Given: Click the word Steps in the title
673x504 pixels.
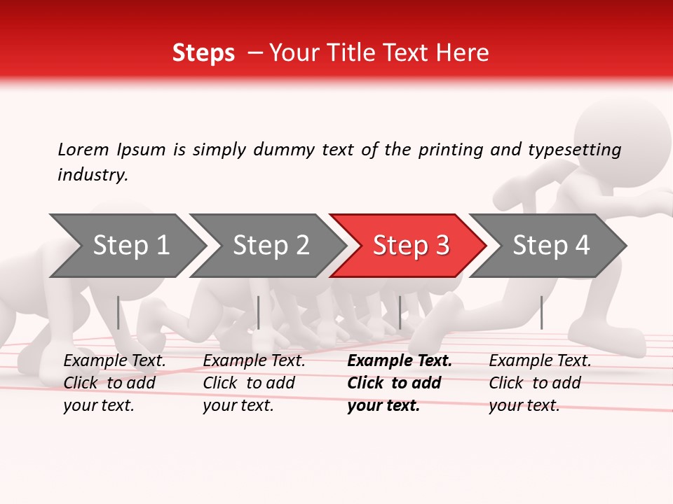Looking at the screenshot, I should [203, 53].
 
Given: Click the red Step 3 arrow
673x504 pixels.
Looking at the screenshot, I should [410, 246].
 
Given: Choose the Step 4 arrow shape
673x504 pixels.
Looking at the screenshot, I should [550, 246].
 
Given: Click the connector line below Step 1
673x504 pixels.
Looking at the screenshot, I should [118, 312].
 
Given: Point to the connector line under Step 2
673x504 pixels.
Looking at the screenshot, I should [259, 312].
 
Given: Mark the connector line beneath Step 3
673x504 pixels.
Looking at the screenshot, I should [400, 312].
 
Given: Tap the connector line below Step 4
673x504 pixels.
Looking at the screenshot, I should [541, 312].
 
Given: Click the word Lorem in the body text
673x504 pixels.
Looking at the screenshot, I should [83, 149].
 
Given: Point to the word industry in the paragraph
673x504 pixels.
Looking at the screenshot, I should [93, 175].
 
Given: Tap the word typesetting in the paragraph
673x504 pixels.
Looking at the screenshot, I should [574, 150].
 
